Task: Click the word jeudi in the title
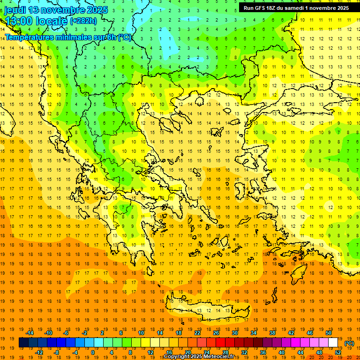click(x=15, y=10)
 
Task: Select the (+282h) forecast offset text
click(x=83, y=21)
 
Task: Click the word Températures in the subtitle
click(x=29, y=37)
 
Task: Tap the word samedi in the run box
click(x=300, y=8)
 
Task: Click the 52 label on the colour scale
click(x=338, y=352)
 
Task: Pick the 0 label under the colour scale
click(x=92, y=352)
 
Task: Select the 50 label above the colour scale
click(x=328, y=333)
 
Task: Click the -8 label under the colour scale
click(x=56, y=352)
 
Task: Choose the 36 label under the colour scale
click(x=263, y=352)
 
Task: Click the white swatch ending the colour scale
click(x=333, y=343)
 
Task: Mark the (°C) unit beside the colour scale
click(x=349, y=343)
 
